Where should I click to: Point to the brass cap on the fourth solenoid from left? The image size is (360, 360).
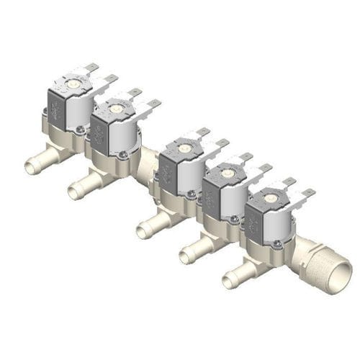click(x=227, y=172)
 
